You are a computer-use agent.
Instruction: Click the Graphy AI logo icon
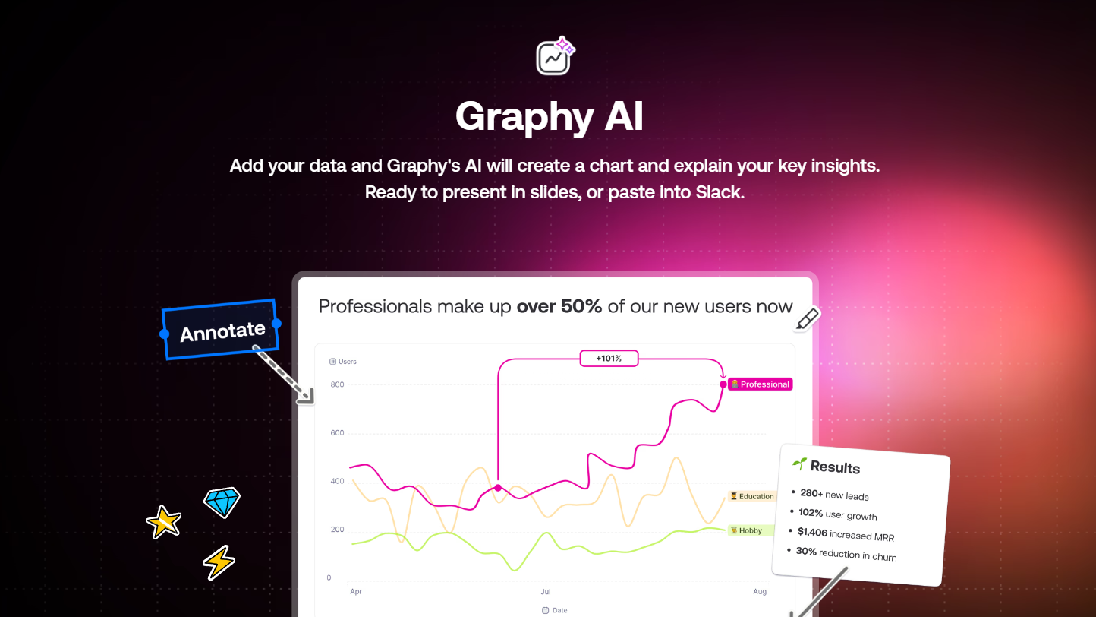tap(555, 55)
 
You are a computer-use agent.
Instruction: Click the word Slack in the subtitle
tap(720, 192)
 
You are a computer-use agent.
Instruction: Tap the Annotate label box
tap(221, 330)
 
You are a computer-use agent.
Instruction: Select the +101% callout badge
tap(609, 359)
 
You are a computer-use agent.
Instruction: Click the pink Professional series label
tap(761, 384)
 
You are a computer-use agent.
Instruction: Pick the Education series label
tap(752, 496)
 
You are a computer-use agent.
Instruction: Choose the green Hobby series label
tap(746, 531)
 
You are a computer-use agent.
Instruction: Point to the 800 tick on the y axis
tap(337, 384)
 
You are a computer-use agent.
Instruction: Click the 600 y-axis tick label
tap(337, 433)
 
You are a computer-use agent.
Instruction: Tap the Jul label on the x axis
tap(546, 591)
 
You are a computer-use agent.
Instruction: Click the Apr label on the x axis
tap(356, 591)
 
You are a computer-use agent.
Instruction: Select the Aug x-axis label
tap(760, 591)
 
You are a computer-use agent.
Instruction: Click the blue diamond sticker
tap(222, 502)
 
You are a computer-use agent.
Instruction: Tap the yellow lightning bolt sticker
tap(219, 562)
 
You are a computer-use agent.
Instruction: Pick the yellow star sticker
tap(164, 522)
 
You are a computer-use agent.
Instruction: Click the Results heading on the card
tap(835, 467)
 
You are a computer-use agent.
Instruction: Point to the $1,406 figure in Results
tap(812, 533)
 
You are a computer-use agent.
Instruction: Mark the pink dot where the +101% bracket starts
tap(498, 488)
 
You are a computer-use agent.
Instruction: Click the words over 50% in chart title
tap(559, 306)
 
